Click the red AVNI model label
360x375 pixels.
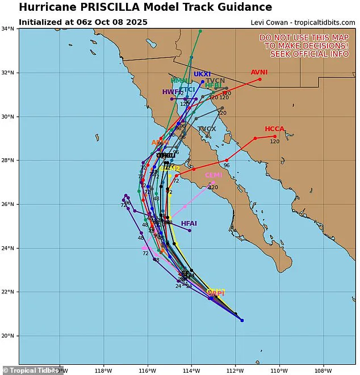[259, 72]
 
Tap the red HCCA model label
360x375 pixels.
[274, 129]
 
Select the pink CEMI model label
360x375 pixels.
[214, 175]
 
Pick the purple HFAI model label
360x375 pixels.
[189, 224]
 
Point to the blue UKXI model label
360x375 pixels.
[202, 74]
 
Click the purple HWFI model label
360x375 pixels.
[171, 91]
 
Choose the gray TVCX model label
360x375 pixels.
[207, 129]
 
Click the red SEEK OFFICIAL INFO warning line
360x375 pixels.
[309, 54]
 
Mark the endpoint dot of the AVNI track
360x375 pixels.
[260, 79]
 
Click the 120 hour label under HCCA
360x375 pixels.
[275, 141]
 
